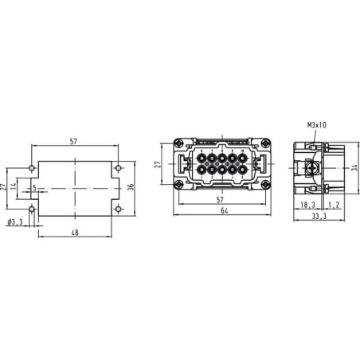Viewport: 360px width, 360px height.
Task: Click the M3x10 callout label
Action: (317, 125)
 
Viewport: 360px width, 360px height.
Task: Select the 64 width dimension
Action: (225, 210)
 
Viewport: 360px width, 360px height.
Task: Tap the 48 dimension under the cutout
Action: (75, 233)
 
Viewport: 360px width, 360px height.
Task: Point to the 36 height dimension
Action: (131, 187)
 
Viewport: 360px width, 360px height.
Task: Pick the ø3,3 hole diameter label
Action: (15, 222)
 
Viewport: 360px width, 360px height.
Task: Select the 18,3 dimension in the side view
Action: (308, 205)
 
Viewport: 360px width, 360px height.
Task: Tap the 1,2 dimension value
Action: (334, 205)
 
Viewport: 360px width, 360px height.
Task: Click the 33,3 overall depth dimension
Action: (319, 217)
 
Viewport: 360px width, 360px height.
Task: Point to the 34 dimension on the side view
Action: (355, 168)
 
